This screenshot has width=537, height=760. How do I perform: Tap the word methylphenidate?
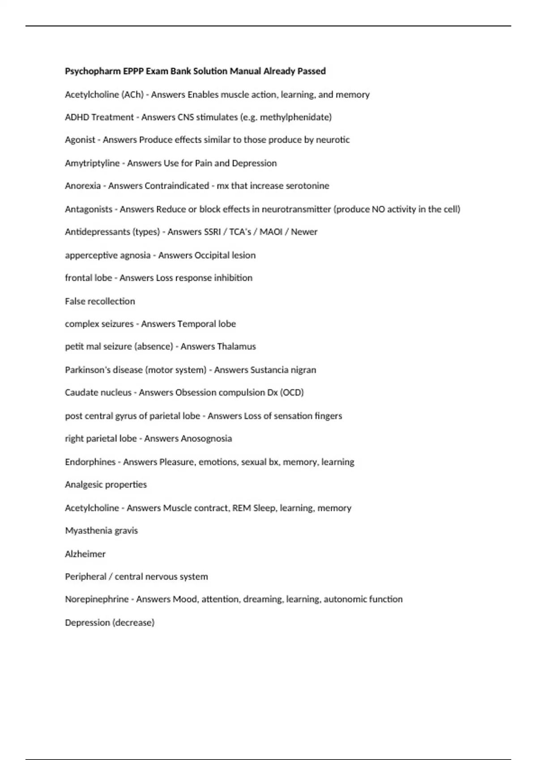click(x=295, y=117)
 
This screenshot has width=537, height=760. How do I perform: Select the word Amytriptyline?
click(x=92, y=163)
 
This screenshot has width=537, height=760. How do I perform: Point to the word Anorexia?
click(x=83, y=186)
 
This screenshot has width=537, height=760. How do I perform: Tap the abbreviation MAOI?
click(x=271, y=232)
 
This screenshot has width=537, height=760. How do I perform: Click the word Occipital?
click(x=213, y=255)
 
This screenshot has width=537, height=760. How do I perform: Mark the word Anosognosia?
click(x=206, y=439)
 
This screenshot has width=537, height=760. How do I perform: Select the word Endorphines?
click(x=90, y=462)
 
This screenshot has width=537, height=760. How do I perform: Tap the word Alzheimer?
click(x=85, y=554)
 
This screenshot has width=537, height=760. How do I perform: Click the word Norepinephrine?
click(x=97, y=599)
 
